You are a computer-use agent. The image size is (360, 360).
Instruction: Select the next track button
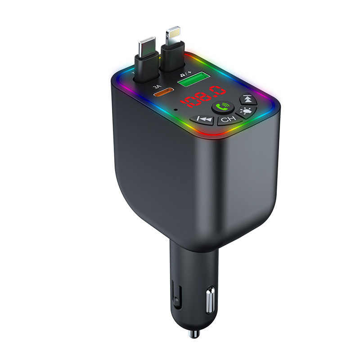[x=247, y=99]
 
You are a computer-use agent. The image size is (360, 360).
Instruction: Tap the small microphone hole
[x=178, y=108]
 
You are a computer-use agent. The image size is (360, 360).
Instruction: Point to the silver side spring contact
[x=210, y=302]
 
